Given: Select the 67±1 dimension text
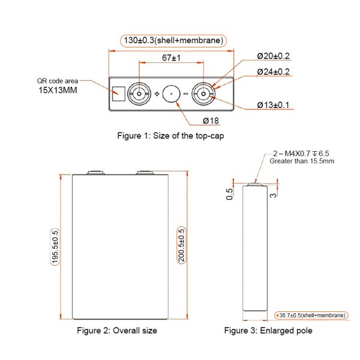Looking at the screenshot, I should click(x=172, y=58).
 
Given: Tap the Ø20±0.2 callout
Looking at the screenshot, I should click(x=273, y=56).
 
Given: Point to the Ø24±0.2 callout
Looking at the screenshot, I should click(x=273, y=71).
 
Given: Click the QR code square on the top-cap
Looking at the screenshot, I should click(x=118, y=94).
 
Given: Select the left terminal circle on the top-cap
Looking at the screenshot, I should click(x=139, y=94).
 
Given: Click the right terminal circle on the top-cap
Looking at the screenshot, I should click(x=205, y=94).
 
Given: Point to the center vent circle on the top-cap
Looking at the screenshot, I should click(x=172, y=94).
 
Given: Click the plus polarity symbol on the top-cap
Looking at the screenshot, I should click(x=157, y=94).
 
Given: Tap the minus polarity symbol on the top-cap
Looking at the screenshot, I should click(x=186, y=94).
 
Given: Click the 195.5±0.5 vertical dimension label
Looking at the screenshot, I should click(x=55, y=247).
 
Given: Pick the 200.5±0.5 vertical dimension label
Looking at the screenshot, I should click(x=181, y=246).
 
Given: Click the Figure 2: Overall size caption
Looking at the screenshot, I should click(x=117, y=331).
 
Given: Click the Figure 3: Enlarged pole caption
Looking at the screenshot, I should click(x=268, y=331).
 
